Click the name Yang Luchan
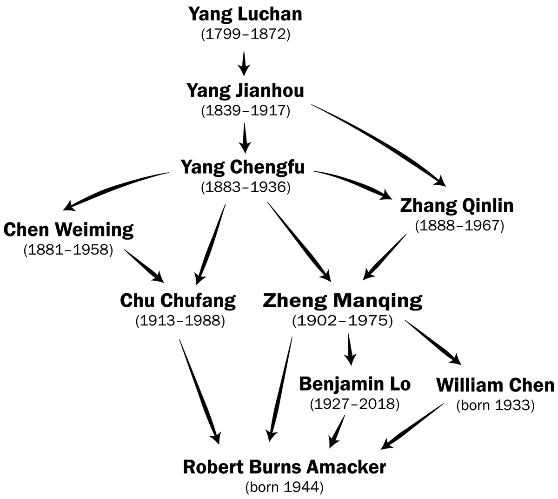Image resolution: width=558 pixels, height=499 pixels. click(x=245, y=14)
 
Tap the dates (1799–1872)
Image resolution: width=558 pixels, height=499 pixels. click(x=245, y=35)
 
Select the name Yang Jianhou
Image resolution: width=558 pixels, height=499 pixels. click(x=245, y=90)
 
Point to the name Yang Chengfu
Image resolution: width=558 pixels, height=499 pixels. click(x=243, y=166)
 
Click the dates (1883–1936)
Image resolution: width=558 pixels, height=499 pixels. click(x=246, y=187)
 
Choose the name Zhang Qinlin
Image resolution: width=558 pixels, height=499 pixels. click(x=457, y=205)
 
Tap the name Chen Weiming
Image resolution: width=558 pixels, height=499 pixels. click(x=68, y=229)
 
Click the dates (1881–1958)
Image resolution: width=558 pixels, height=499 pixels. click(x=68, y=250)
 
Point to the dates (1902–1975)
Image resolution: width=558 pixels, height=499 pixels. click(x=343, y=321)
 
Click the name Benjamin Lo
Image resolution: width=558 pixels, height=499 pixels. click(x=355, y=384)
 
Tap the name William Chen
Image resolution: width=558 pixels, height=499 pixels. click(x=495, y=385)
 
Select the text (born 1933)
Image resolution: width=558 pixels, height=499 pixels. click(x=495, y=405)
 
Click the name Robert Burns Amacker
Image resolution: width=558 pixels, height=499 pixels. click(x=285, y=467)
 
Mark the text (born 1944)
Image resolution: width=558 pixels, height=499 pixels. click(x=285, y=487)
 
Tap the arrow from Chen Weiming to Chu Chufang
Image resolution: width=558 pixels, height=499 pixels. click(x=144, y=266)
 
